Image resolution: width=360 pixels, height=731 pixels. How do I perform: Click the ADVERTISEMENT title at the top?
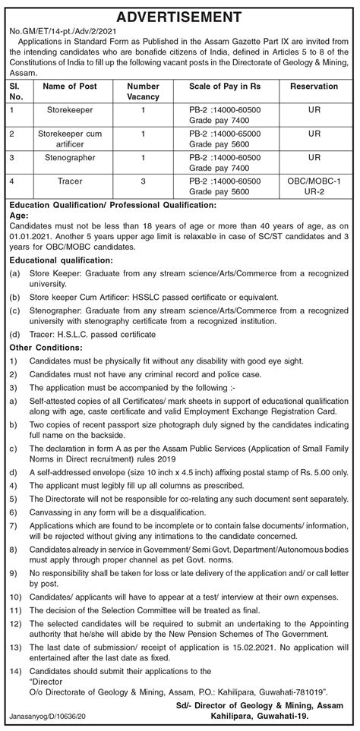(179, 16)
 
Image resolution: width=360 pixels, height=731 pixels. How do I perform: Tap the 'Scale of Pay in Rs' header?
(219, 87)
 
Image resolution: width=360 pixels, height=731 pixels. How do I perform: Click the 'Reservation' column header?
(314, 87)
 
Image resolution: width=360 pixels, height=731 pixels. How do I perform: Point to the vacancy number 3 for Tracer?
(143, 181)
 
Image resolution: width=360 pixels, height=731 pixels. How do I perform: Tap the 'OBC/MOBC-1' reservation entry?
(314, 181)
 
